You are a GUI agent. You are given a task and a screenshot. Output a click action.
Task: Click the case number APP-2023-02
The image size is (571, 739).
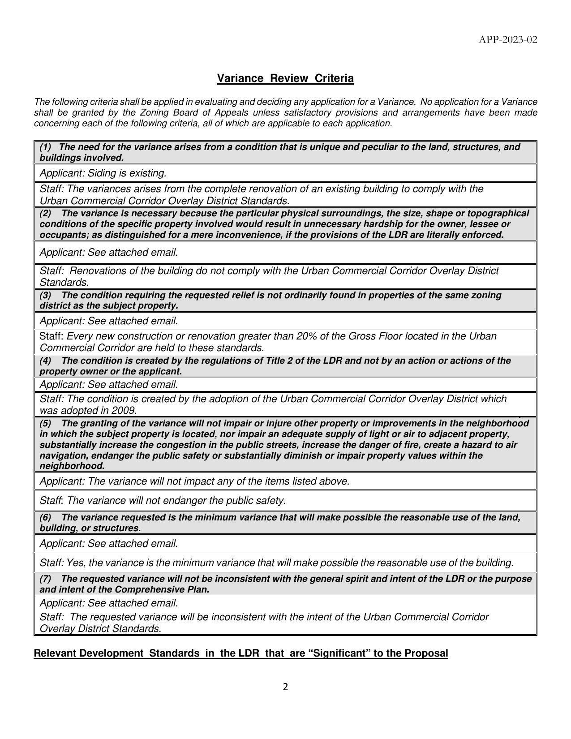pos(508,40)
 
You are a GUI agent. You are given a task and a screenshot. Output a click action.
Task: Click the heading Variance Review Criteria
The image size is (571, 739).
pos(285,78)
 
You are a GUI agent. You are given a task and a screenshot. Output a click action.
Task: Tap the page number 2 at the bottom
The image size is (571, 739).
pos(285,687)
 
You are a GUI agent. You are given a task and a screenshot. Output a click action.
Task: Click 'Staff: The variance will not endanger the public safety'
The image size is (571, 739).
pos(163,501)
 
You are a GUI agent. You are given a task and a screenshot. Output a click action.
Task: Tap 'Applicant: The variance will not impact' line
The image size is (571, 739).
pos(194,481)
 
